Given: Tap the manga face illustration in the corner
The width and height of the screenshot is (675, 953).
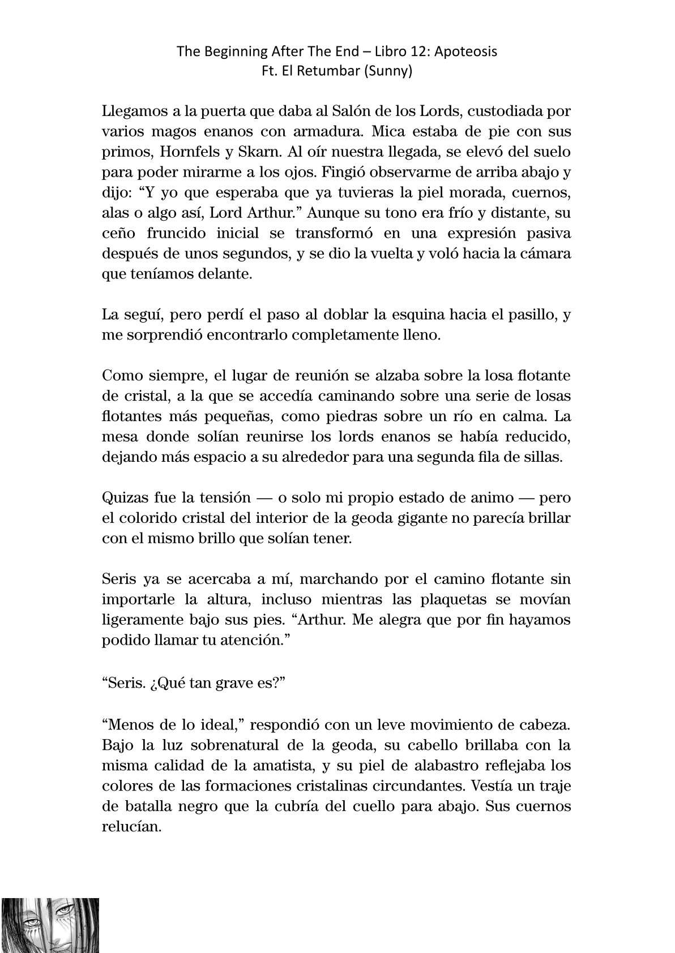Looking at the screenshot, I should [x=50, y=925].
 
